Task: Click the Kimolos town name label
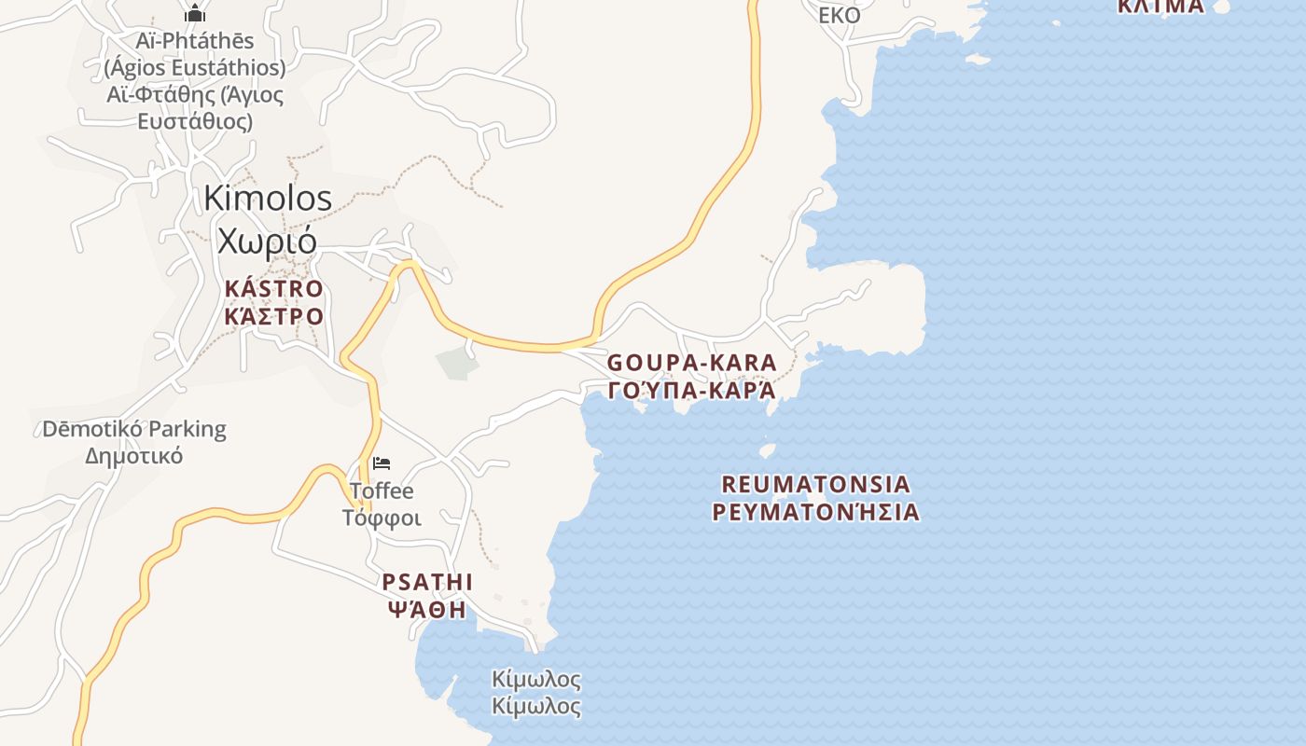pyautogui.click(x=268, y=198)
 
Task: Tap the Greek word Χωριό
pyautogui.click(x=268, y=240)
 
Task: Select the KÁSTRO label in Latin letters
pyautogui.click(x=273, y=288)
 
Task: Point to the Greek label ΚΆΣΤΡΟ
pyautogui.click(x=273, y=315)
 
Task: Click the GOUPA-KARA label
pyautogui.click(x=691, y=362)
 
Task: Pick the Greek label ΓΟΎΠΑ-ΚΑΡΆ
pyautogui.click(x=691, y=390)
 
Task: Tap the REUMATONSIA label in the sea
pyautogui.click(x=815, y=484)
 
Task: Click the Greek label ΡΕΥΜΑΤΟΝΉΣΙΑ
pyautogui.click(x=815, y=512)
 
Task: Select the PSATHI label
pyautogui.click(x=427, y=582)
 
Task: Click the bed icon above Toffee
pyautogui.click(x=382, y=463)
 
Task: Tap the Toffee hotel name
pyautogui.click(x=382, y=490)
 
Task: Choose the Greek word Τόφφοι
pyautogui.click(x=382, y=518)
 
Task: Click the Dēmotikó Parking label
pyautogui.click(x=134, y=429)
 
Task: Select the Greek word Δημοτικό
pyautogui.click(x=134, y=456)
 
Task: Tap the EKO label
pyautogui.click(x=839, y=15)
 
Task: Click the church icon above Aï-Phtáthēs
pyautogui.click(x=195, y=13)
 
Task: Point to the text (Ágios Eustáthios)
pyautogui.click(x=195, y=68)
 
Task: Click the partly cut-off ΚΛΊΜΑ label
pyautogui.click(x=1160, y=7)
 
